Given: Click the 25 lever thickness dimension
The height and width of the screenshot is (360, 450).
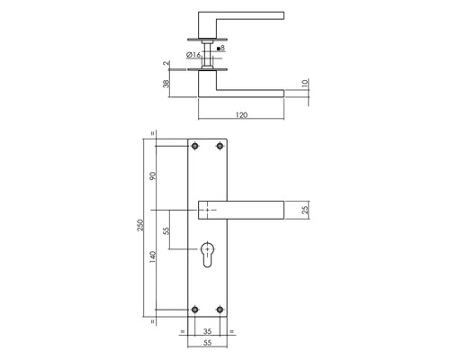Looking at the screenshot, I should tap(306, 211).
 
